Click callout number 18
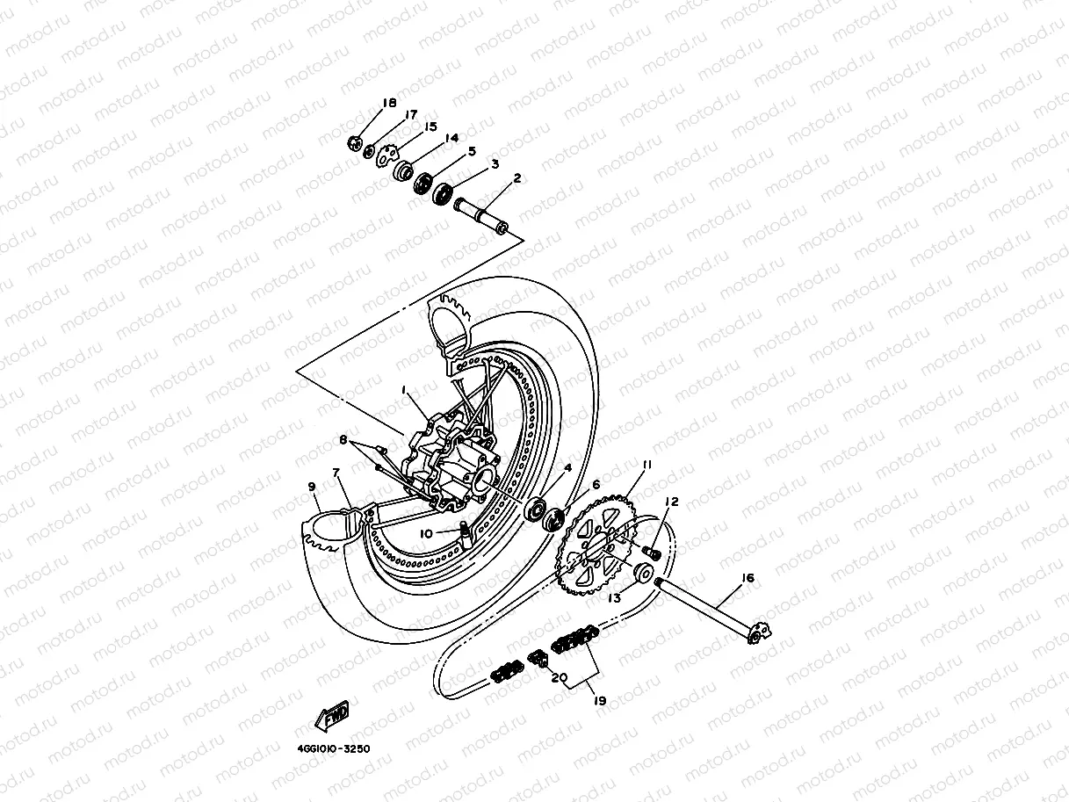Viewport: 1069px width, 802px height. click(x=390, y=104)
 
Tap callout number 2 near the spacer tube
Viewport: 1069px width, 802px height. click(x=517, y=178)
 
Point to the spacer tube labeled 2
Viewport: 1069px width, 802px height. click(x=480, y=216)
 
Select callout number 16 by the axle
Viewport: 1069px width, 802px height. click(x=748, y=578)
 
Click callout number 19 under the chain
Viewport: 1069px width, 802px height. click(x=600, y=701)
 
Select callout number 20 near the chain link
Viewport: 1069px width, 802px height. click(x=556, y=677)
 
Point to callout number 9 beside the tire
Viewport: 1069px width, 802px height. click(x=312, y=486)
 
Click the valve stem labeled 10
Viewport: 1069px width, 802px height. click(x=460, y=529)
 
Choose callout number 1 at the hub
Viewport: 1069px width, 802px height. click(x=405, y=388)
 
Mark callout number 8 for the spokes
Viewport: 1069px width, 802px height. click(x=344, y=438)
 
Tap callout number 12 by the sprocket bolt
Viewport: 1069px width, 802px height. click(x=672, y=502)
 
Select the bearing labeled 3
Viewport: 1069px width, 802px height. click(x=442, y=190)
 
